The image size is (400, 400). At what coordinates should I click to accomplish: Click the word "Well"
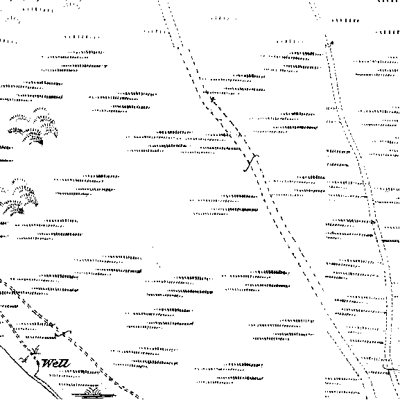(x=55, y=363)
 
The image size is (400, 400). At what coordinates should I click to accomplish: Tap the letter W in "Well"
(x=47, y=363)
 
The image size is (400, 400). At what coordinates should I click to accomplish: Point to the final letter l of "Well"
(x=67, y=363)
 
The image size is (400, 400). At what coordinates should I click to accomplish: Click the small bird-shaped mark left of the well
(x=24, y=360)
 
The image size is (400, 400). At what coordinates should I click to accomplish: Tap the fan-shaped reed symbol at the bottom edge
(x=93, y=393)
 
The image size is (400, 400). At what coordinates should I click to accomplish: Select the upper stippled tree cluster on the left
(x=34, y=126)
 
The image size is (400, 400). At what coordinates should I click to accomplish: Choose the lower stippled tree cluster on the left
(x=19, y=196)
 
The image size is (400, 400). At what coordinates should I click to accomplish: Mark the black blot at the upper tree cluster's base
(x=40, y=142)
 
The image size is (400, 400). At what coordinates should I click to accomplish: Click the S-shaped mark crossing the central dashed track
(x=251, y=162)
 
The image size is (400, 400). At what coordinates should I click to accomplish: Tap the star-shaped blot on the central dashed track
(x=213, y=99)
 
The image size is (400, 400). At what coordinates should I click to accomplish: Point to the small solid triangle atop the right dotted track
(x=331, y=42)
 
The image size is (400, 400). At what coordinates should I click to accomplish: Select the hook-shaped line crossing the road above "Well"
(x=62, y=333)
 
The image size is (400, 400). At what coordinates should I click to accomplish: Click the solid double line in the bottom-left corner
(x=31, y=373)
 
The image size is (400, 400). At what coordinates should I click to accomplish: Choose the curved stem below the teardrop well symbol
(x=37, y=370)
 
